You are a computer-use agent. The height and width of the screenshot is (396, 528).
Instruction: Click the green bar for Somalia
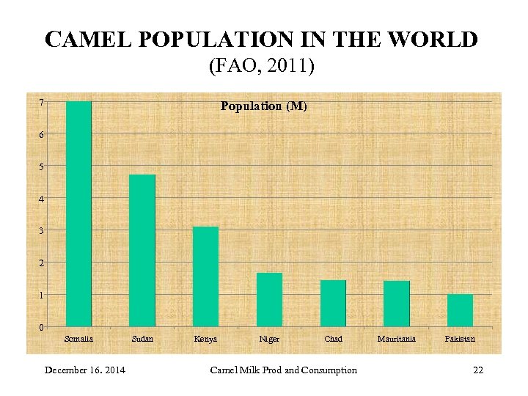[78, 213]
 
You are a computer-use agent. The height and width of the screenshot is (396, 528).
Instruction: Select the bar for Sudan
[142, 250]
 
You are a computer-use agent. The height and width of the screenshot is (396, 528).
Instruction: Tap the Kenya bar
[205, 276]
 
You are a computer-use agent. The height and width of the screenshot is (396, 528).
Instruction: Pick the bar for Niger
[269, 299]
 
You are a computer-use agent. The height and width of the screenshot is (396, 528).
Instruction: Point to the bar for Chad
[333, 303]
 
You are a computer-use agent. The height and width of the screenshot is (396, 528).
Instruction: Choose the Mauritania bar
[396, 304]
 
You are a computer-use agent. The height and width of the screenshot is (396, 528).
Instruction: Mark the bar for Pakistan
[460, 310]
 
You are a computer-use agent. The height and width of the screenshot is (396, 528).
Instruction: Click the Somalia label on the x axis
[79, 339]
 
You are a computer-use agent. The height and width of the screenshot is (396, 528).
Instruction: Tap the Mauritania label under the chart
[396, 339]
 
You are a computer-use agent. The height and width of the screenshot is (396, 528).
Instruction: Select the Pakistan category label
[460, 339]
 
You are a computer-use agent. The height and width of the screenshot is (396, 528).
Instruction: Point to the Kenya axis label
[205, 339]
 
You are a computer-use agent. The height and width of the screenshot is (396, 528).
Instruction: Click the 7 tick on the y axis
[42, 102]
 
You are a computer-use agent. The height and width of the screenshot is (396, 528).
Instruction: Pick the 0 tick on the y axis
[42, 327]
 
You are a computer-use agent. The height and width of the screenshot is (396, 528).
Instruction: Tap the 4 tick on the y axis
[42, 199]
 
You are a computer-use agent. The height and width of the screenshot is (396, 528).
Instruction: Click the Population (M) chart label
[264, 106]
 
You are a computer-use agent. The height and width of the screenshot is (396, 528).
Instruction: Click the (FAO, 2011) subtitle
[262, 67]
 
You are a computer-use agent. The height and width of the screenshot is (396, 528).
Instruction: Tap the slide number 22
[478, 370]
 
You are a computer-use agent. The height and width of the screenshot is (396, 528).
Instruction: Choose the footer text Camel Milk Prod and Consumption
[283, 370]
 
